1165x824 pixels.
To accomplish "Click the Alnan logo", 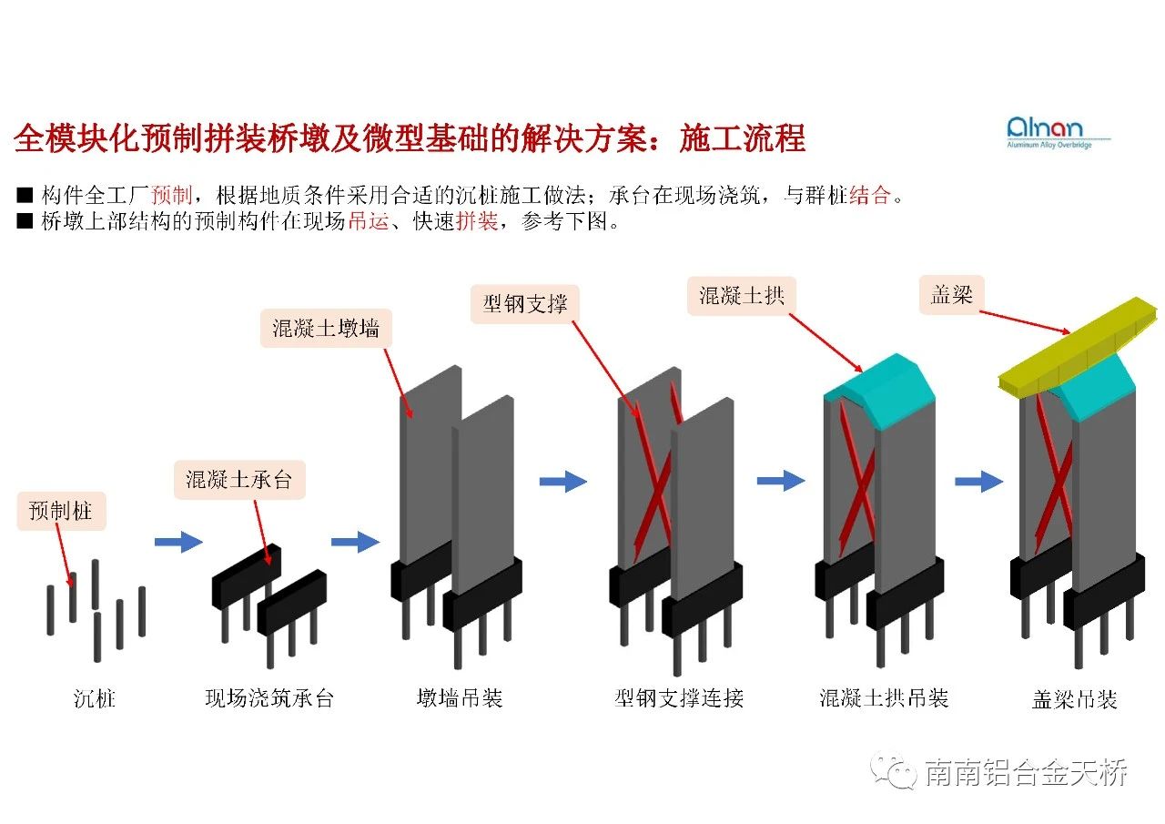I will pos(1059,131).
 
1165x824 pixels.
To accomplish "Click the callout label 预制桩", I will pos(61,511).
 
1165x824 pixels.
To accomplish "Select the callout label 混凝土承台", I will pos(239,479).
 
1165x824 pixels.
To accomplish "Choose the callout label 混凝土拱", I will pos(741,296).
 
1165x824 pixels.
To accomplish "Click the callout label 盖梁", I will pos(952,295).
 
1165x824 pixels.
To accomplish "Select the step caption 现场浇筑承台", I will pos(269,698).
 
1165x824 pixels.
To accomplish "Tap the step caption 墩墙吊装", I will pos(460,698).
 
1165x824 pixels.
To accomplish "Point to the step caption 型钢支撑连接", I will pos(679,698).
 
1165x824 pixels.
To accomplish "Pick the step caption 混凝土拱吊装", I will pos(884,698).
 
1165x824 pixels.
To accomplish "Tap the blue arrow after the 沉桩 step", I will pos(178,542).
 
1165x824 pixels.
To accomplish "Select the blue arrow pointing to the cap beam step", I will pos(978,481).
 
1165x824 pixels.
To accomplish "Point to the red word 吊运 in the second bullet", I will pos(369,221).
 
